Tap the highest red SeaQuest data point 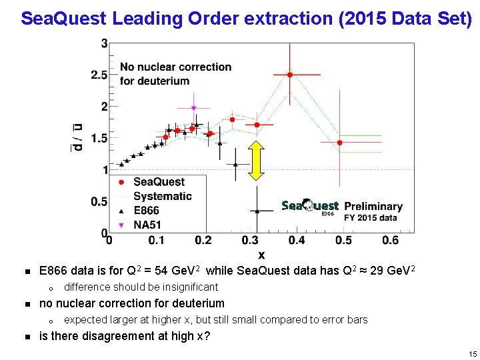(289, 75)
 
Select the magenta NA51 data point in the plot (193, 108)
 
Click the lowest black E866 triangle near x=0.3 (257, 211)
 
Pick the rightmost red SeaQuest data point (339, 143)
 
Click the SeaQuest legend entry (159, 182)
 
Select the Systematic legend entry (162, 196)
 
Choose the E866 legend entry (147, 211)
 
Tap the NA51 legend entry (147, 225)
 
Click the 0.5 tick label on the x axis (343, 240)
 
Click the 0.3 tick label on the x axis (250, 240)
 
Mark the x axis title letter (261, 255)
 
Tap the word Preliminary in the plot (373, 207)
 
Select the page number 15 (472, 354)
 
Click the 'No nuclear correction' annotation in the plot (175, 67)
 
